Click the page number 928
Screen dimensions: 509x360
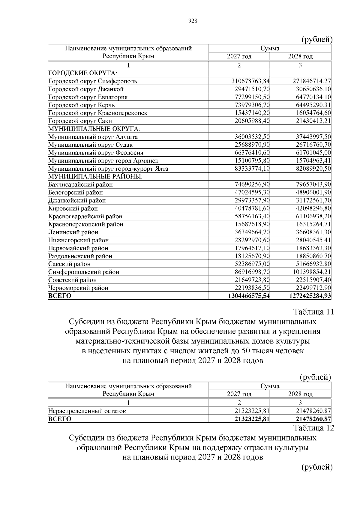(x=193, y=21)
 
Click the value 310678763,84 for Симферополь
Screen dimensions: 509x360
(x=250, y=81)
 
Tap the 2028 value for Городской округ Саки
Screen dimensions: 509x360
(x=312, y=121)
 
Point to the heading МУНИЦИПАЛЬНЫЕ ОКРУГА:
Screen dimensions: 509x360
(x=94, y=129)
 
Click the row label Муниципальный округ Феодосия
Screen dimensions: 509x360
(x=96, y=153)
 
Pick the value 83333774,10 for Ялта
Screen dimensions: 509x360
(x=252, y=169)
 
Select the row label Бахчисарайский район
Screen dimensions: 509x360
(x=81, y=184)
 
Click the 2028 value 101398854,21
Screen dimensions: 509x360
(x=312, y=272)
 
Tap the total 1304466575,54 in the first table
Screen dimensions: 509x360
(x=249, y=296)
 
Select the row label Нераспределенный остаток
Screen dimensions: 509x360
(x=87, y=411)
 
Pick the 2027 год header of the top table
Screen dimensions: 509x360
(x=239, y=56)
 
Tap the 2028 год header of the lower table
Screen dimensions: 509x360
(x=300, y=394)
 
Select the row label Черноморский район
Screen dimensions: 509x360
(x=78, y=288)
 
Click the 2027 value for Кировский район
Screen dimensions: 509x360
(x=252, y=208)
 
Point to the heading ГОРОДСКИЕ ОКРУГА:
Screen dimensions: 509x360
(x=83, y=73)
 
